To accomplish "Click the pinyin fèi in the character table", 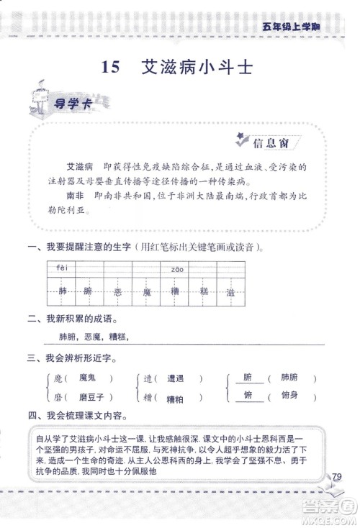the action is tap(60, 269).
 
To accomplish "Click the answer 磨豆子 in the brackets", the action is tap(90, 396).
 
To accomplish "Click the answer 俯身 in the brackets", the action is tap(289, 395).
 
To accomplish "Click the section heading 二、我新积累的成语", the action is tap(72, 319).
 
